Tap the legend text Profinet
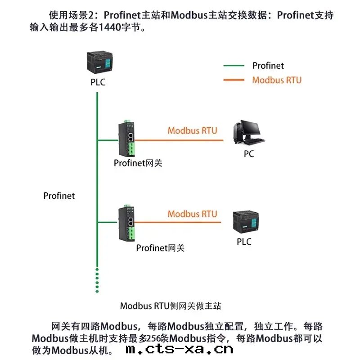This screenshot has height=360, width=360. tap(268, 66)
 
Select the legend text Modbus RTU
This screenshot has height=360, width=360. tap(277, 81)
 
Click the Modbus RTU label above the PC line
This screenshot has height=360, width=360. tap(192, 131)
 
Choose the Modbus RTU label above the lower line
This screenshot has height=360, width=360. tap(192, 214)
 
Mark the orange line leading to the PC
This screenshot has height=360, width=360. tap(180, 140)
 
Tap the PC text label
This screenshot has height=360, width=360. tap(249, 154)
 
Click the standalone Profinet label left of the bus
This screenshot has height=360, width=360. tap(59, 196)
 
